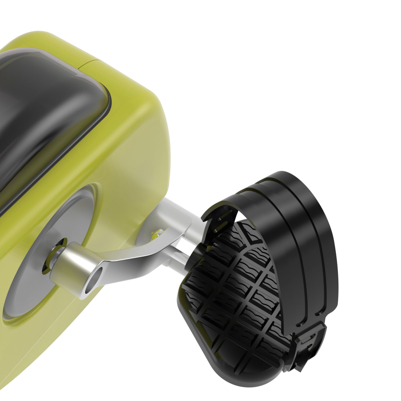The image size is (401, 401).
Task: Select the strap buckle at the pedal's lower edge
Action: click(x=307, y=344)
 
